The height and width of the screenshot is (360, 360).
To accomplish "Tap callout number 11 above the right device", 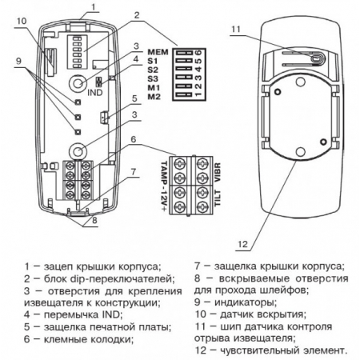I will [x=236, y=30].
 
